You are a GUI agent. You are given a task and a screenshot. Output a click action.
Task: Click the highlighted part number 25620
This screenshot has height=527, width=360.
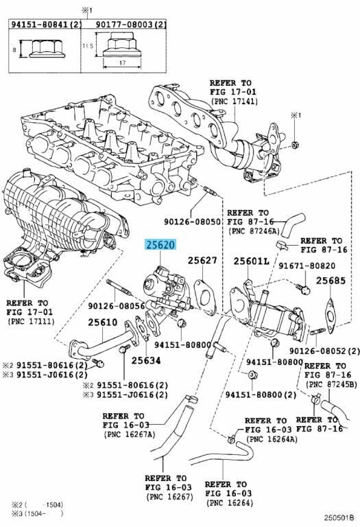pyautogui.click(x=160, y=245)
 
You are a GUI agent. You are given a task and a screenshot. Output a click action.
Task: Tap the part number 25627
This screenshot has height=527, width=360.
pyautogui.click(x=202, y=261)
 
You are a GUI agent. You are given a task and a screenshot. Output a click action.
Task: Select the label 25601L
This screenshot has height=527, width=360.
pyautogui.click(x=251, y=261)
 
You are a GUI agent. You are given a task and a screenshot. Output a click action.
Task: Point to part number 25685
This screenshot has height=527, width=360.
pyautogui.click(x=331, y=280)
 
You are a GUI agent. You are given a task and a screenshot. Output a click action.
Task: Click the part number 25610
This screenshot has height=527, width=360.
pyautogui.click(x=103, y=323)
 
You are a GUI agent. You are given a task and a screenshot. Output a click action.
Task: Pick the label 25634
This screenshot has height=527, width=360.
pyautogui.click(x=146, y=361)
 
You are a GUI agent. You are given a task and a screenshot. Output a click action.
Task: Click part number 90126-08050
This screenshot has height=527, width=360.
pyautogui.click(x=192, y=222)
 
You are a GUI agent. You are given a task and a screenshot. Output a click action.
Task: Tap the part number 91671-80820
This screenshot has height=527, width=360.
pyautogui.click(x=307, y=266)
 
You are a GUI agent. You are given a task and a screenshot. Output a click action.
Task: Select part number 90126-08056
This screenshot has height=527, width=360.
pyautogui.click(x=117, y=306)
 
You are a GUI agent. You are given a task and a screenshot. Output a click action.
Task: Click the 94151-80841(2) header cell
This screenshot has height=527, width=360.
pyautogui.click(x=45, y=24)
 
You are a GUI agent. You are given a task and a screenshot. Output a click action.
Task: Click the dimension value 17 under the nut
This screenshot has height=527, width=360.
pyautogui.click(x=122, y=63)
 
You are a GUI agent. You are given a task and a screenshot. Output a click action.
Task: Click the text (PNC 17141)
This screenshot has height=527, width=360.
pyautogui.click(x=234, y=101)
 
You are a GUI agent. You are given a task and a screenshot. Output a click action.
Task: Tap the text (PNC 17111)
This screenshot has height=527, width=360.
pyautogui.click(x=31, y=321)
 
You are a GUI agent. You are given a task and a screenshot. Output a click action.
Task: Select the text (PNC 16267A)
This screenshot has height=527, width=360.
pyautogui.click(x=130, y=434)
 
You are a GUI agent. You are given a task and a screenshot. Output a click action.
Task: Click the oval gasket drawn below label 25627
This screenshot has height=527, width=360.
pyautogui.click(x=203, y=296)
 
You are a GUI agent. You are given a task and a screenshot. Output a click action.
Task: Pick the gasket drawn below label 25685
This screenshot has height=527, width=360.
pyautogui.click(x=331, y=316)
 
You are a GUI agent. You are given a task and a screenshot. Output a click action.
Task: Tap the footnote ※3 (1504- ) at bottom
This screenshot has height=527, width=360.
pyautogui.click(x=33, y=513)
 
